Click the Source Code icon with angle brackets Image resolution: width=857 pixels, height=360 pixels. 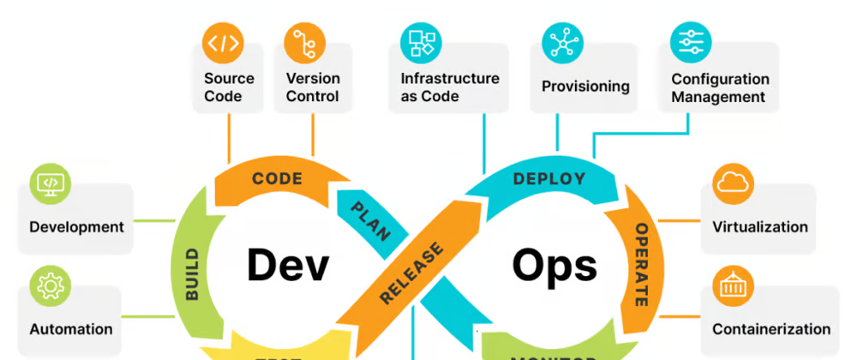[223, 43]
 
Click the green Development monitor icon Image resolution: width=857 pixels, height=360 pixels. [51, 184]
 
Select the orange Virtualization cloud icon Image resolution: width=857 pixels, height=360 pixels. [733, 183]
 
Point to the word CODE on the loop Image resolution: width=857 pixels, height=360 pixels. [277, 178]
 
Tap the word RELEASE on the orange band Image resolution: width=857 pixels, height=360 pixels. [412, 273]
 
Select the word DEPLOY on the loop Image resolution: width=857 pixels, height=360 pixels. [548, 178]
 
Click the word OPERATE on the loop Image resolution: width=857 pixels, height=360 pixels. [640, 265]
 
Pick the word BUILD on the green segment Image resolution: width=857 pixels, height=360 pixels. [191, 273]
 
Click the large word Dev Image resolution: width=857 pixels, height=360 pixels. [287, 264]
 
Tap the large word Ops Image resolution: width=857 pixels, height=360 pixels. [554, 266]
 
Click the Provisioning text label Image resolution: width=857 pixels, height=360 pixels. [585, 87]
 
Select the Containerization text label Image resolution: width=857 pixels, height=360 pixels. [770, 329]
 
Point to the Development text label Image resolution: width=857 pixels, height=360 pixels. [76, 227]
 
